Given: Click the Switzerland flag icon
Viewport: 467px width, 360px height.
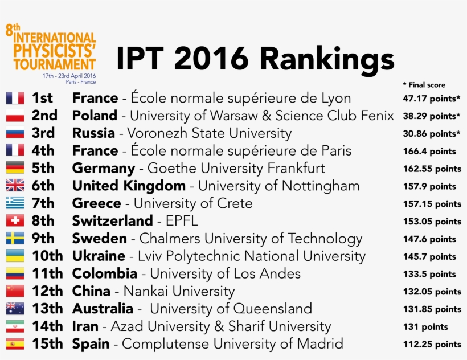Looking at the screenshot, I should [15, 220].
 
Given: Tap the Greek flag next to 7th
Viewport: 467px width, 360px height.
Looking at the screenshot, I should [15, 203].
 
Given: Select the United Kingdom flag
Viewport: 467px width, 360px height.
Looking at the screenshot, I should [15, 185].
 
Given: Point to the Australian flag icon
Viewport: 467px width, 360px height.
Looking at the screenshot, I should [15, 309].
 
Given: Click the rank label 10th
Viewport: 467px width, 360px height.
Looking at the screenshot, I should [47, 256].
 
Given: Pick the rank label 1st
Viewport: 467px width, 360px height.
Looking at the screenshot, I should [43, 98].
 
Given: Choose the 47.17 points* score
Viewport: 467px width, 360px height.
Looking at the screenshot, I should [431, 99].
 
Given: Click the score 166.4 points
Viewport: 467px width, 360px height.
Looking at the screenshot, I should [429, 152].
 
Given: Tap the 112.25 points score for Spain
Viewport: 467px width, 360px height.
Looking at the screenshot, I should [431, 344].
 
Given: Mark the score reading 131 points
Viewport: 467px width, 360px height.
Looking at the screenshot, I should [425, 326].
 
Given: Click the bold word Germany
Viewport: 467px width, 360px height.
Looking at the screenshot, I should [104, 169].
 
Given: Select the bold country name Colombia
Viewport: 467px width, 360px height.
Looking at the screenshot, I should [105, 273].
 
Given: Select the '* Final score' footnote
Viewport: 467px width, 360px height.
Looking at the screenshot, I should [424, 85].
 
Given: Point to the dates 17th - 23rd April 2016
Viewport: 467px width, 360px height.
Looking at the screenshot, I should [69, 76].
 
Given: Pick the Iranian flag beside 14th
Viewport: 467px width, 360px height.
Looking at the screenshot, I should [15, 326].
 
